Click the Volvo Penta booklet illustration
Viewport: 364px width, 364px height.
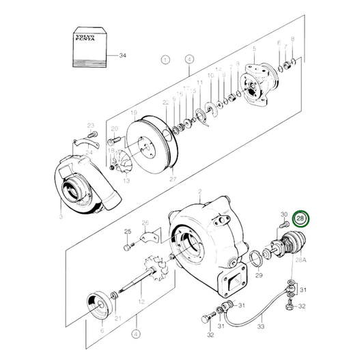[x=89, y=46]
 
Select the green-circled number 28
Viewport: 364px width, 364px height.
[x=300, y=219]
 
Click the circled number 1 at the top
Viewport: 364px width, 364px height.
[x=165, y=60]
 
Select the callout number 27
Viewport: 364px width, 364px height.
[x=173, y=180]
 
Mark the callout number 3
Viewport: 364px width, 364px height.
[x=61, y=216]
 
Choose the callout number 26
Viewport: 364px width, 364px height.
[x=145, y=223]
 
